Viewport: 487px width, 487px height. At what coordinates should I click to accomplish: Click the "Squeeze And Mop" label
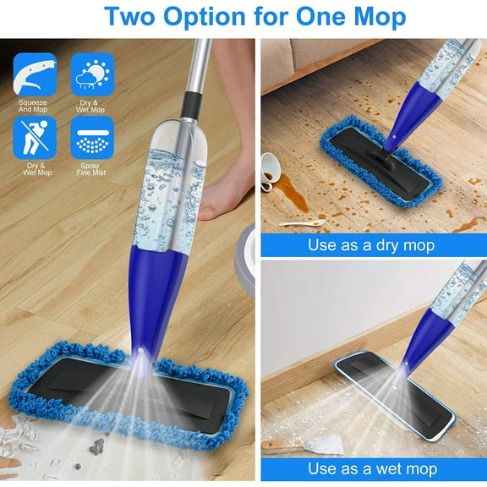pyautogui.click(x=35, y=107)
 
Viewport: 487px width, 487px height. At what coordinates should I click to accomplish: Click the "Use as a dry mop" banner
pyautogui.click(x=371, y=245)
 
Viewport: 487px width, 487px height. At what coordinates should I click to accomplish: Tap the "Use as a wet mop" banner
pyautogui.click(x=371, y=468)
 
